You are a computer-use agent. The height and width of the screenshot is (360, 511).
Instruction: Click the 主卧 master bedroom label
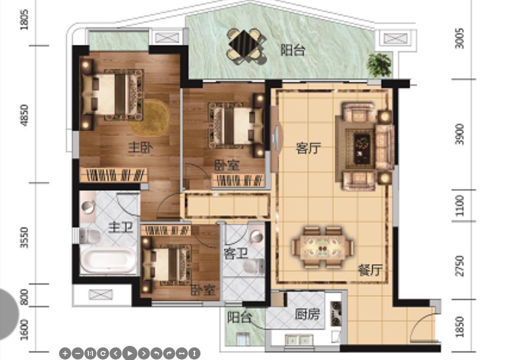[140, 147]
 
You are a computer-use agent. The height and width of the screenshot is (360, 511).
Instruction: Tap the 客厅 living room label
[309, 148]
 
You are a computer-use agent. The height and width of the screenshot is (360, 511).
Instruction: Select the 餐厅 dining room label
[370, 270]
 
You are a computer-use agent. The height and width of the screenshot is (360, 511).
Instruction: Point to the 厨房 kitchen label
[307, 314]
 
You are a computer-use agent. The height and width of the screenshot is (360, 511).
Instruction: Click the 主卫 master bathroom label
[121, 227]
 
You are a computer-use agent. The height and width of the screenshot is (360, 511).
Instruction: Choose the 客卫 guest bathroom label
[236, 253]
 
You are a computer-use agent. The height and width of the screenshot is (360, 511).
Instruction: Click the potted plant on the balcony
[379, 65]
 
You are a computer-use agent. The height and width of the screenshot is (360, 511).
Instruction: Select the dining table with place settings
[323, 247]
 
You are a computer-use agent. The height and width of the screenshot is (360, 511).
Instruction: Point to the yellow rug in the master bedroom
[150, 118]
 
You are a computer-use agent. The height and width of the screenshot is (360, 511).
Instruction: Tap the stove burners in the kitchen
[336, 314]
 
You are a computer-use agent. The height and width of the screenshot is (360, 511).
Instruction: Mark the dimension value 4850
[24, 115]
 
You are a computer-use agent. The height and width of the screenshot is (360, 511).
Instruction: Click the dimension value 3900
[459, 134]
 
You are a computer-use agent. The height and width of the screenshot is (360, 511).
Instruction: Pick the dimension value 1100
[459, 205]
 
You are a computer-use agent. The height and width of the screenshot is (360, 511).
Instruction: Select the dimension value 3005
[459, 38]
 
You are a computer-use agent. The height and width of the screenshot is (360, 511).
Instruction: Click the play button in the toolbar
[130, 353]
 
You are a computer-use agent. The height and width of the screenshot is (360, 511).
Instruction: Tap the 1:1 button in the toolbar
[90, 353]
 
